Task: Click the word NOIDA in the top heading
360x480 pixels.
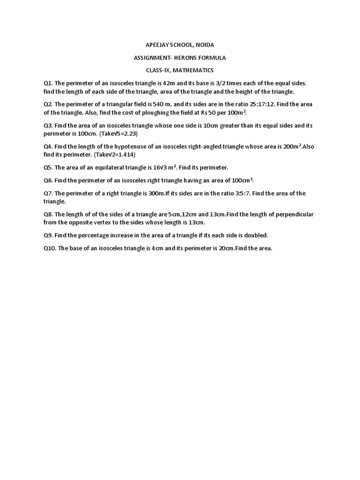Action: point(204,45)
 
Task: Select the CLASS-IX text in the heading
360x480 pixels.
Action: point(158,70)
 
